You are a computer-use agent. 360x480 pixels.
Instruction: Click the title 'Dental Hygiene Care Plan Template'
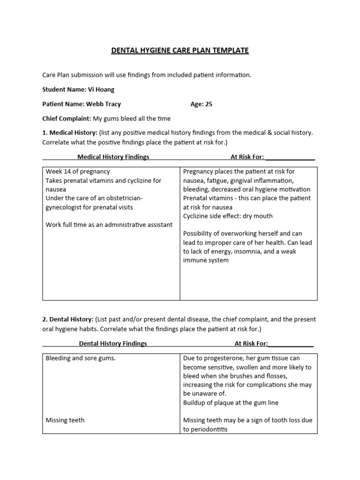180,50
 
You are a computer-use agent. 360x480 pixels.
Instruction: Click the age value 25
208,104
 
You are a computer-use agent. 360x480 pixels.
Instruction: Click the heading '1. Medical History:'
69,133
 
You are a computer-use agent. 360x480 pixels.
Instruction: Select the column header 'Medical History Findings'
113,157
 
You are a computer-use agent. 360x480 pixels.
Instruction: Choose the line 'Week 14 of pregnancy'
78,172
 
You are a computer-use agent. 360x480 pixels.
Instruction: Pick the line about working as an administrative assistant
109,225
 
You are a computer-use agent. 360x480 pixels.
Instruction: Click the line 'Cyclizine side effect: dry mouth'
228,216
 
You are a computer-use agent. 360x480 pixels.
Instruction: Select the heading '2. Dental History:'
68,319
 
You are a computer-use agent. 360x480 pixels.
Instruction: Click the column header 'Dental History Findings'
112,343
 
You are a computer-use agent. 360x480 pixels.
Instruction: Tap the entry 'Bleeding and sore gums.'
81,358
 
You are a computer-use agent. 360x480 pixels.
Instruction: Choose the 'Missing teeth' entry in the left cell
65,420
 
